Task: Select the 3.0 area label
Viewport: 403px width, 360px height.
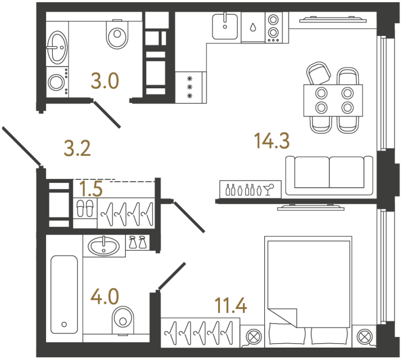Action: coord(106,82)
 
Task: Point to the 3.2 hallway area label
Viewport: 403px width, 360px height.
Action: coord(77,148)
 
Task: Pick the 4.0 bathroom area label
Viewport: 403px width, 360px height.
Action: coord(106,295)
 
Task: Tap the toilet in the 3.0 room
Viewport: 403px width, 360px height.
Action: coord(117,35)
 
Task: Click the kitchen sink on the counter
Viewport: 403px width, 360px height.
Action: coord(225,25)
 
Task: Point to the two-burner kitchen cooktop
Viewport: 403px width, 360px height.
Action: coord(273,28)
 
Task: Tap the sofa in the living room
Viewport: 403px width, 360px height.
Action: coord(329,175)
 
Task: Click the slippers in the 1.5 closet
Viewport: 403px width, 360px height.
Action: coord(85,208)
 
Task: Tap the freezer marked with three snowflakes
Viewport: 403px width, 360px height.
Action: coord(190,87)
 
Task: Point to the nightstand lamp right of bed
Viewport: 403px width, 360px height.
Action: coord(364,336)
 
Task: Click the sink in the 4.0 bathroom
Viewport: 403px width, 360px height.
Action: coord(105,245)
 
